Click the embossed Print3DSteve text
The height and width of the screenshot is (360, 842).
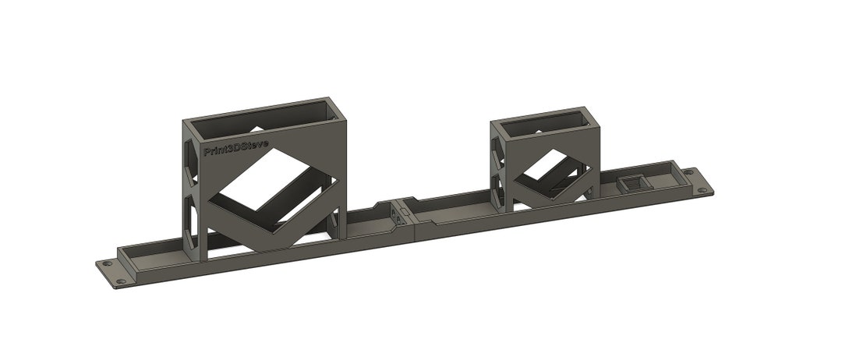pyautogui.click(x=236, y=148)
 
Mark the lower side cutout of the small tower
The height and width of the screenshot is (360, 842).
pyautogui.click(x=497, y=186)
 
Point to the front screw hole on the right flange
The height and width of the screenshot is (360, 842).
pyautogui.click(x=703, y=189)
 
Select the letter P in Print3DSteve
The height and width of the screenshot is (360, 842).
pyautogui.click(x=207, y=152)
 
